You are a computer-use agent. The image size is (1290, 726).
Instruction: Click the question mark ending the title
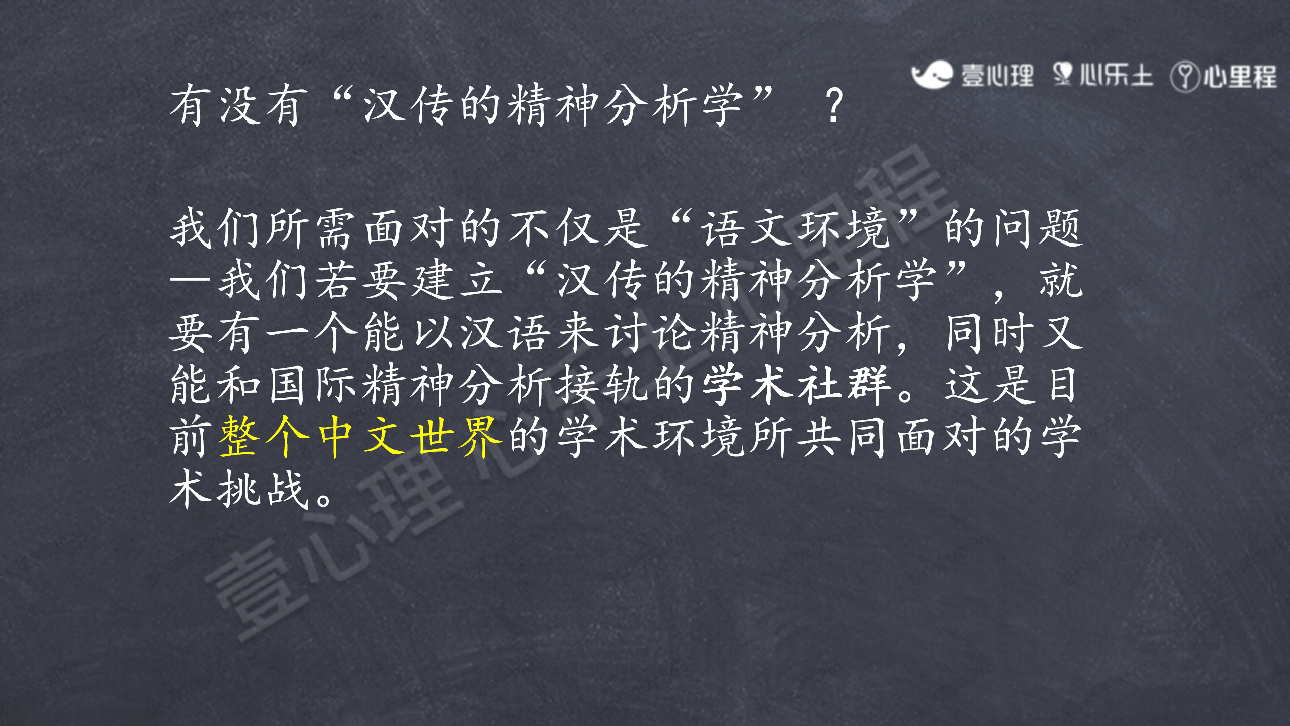click(835, 105)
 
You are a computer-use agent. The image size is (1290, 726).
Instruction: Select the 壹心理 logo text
click(997, 76)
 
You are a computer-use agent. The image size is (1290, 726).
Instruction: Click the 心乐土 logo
click(1102, 75)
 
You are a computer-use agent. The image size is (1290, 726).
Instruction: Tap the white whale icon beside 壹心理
click(932, 75)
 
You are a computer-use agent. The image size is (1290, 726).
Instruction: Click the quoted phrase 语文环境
click(795, 228)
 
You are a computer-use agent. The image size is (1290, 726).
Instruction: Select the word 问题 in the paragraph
click(1038, 228)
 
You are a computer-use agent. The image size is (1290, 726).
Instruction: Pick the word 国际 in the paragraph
click(313, 385)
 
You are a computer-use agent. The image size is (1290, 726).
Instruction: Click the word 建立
click(457, 280)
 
